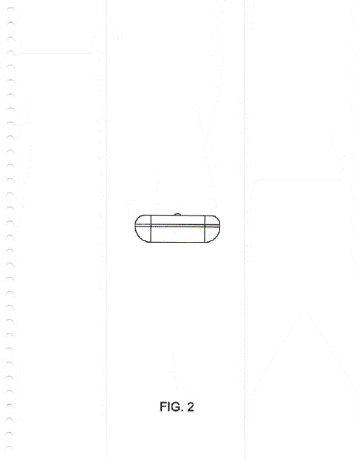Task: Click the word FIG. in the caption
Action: (x=171, y=407)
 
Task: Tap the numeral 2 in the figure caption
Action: (x=191, y=407)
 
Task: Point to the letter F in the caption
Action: (x=163, y=407)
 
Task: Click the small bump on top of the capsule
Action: (x=178, y=214)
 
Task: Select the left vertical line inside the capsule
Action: (x=151, y=229)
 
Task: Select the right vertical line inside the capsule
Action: (x=205, y=229)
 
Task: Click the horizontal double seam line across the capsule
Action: (x=178, y=225)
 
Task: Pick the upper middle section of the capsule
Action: (x=178, y=220)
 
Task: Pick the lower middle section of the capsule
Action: (x=178, y=234)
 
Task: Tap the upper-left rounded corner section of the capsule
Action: (x=144, y=220)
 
